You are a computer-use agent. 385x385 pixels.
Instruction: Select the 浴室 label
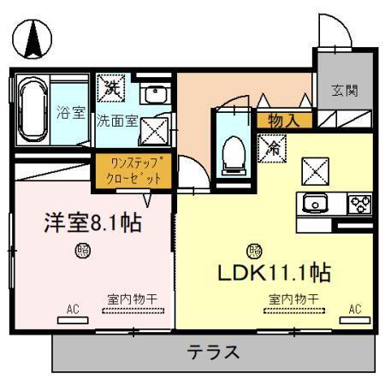71,112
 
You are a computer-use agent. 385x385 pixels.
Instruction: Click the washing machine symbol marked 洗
111,87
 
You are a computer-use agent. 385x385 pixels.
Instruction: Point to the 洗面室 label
115,121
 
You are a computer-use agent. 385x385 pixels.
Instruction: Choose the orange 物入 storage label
283,121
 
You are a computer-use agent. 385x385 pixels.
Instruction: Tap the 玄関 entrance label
344,88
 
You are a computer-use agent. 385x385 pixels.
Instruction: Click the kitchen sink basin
316,204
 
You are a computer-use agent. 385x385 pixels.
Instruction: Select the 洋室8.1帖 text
92,223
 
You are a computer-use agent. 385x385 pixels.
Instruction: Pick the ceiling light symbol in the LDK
254,252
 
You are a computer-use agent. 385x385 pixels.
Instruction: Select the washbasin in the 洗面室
154,96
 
